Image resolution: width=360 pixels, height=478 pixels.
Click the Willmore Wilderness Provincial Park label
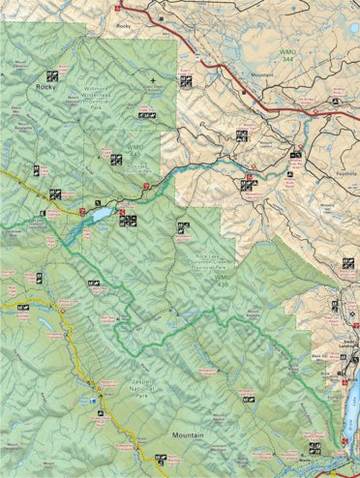click(85, 101)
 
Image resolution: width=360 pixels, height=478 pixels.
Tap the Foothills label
click(345, 164)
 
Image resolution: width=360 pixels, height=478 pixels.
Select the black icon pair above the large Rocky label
click(51, 75)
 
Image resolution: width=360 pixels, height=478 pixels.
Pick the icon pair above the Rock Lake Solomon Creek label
click(181, 227)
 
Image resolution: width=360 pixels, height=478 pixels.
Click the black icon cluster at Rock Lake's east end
click(127, 220)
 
